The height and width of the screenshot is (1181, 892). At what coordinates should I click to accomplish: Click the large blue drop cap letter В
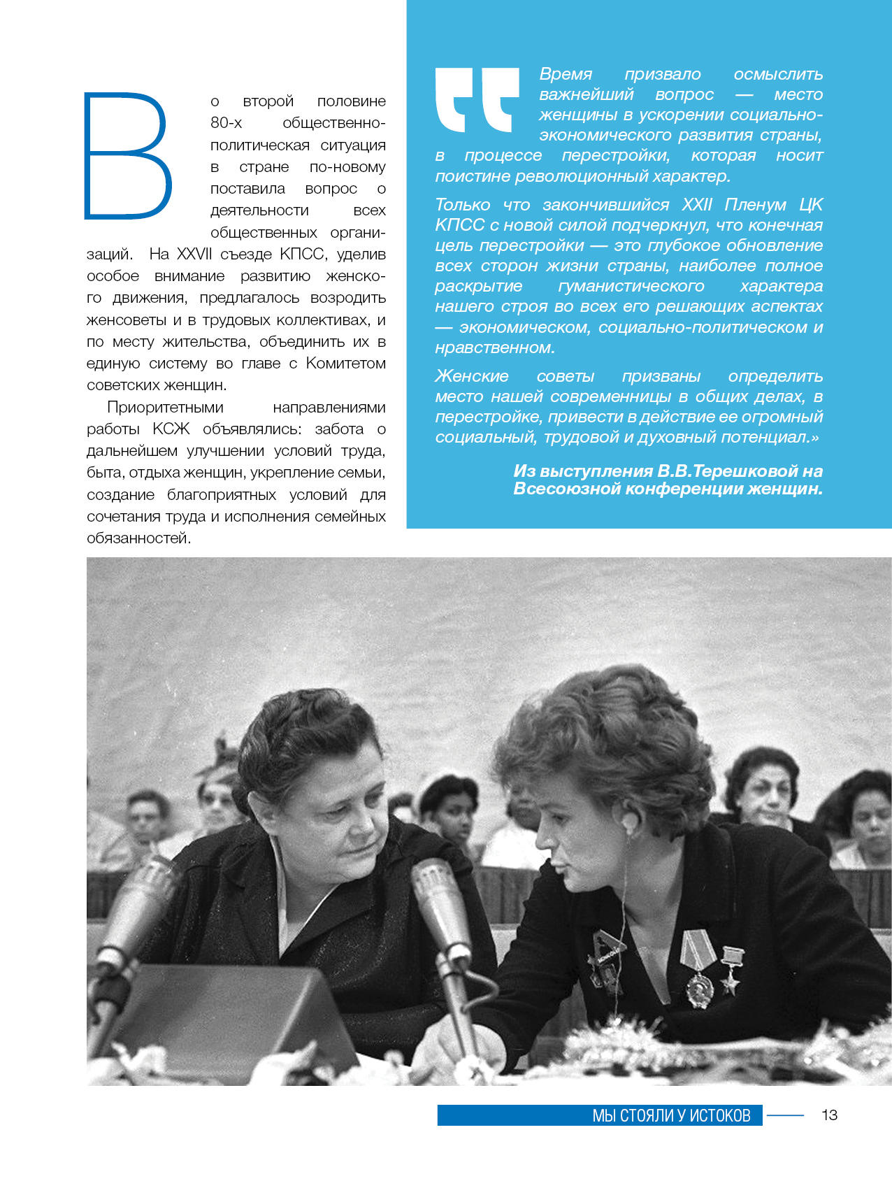point(127,155)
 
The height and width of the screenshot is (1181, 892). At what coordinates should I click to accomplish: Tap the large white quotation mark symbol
point(477,99)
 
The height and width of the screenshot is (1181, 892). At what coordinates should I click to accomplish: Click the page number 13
point(829,1115)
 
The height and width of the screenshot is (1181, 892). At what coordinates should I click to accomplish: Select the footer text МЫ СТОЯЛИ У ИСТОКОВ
point(671,1115)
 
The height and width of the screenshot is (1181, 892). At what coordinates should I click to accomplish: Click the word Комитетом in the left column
point(346,363)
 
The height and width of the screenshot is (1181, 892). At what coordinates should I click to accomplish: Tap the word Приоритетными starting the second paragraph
point(165,407)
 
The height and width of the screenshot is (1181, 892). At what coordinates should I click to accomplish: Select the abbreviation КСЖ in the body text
point(171,429)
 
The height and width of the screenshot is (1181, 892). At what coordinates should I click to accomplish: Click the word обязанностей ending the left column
point(138,538)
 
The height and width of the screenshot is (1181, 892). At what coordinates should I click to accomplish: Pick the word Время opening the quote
point(566,74)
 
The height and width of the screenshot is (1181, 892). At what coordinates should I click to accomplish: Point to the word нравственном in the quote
point(494,348)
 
